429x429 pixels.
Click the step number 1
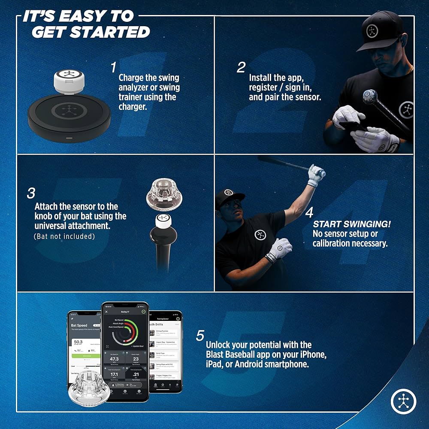point(113,67)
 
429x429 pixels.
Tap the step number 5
point(200,336)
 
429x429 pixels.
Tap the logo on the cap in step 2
point(372,31)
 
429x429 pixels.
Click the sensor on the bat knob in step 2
point(369,97)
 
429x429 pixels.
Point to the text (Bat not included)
point(64,236)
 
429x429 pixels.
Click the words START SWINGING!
point(352,224)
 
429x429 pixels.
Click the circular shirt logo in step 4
point(260,235)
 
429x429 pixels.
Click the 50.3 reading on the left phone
point(79,342)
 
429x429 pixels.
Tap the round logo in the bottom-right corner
point(404,401)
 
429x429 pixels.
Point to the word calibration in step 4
point(331,243)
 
